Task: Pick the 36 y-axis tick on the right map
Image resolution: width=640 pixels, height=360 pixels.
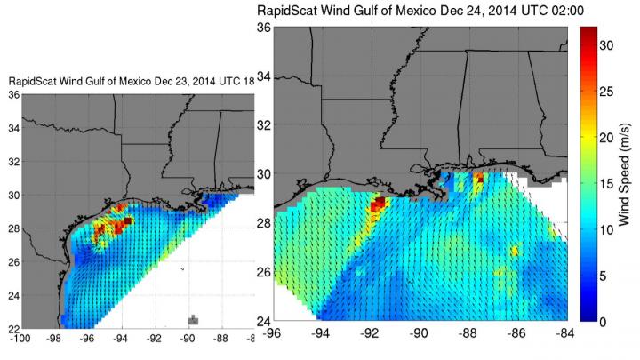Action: tap(264, 28)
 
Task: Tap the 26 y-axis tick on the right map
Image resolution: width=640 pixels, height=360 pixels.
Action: tap(264, 271)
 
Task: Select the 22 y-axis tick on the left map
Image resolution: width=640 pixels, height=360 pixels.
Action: tap(12, 328)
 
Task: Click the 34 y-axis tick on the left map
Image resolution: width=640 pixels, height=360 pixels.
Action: tap(12, 129)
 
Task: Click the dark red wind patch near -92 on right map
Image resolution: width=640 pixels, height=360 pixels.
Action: tap(378, 205)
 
